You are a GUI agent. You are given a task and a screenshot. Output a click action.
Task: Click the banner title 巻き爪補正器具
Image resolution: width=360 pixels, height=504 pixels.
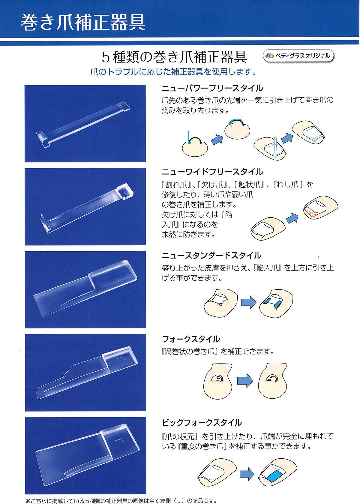click(83, 23)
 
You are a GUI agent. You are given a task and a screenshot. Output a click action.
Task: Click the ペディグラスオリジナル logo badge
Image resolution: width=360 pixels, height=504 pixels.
click(298, 56)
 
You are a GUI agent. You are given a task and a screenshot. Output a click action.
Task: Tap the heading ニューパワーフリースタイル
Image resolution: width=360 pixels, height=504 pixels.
click(212, 88)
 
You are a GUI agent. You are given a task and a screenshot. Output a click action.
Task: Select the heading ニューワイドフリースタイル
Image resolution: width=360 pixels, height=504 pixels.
click(212, 172)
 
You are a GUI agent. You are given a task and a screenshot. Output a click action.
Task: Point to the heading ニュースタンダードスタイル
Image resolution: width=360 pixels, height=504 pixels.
click(211, 255)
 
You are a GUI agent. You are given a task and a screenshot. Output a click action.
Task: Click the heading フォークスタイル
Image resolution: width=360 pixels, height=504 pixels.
click(191, 339)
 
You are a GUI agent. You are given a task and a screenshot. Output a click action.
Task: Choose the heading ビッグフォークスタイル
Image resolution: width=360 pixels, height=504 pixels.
click(202, 423)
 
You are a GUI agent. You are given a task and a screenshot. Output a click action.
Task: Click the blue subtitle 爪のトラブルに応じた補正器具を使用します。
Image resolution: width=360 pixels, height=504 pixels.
click(174, 72)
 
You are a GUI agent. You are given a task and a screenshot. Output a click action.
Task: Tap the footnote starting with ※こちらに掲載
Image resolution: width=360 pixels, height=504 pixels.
click(121, 501)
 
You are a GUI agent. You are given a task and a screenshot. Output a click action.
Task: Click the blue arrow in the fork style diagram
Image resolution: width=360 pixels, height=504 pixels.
click(245, 381)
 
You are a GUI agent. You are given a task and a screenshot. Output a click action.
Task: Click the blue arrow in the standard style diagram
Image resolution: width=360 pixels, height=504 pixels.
click(248, 303)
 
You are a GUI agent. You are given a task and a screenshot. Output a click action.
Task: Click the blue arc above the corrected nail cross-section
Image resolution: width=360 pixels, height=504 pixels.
click(236, 120)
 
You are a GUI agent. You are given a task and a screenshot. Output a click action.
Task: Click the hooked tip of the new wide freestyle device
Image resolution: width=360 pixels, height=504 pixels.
click(45, 223)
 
